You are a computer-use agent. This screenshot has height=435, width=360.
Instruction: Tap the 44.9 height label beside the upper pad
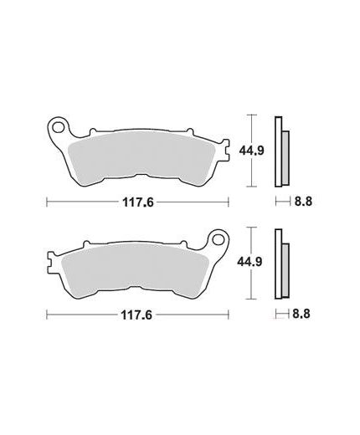click(251, 151)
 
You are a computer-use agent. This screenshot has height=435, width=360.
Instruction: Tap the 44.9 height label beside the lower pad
click(249, 262)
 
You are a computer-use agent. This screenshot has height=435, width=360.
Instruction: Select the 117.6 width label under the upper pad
click(138, 202)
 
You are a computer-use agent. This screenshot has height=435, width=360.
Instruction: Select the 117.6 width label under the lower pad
click(136, 315)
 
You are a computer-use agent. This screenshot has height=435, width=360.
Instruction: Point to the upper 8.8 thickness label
click(303, 201)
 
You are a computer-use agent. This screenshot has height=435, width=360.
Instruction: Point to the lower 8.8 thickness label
click(301, 314)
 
